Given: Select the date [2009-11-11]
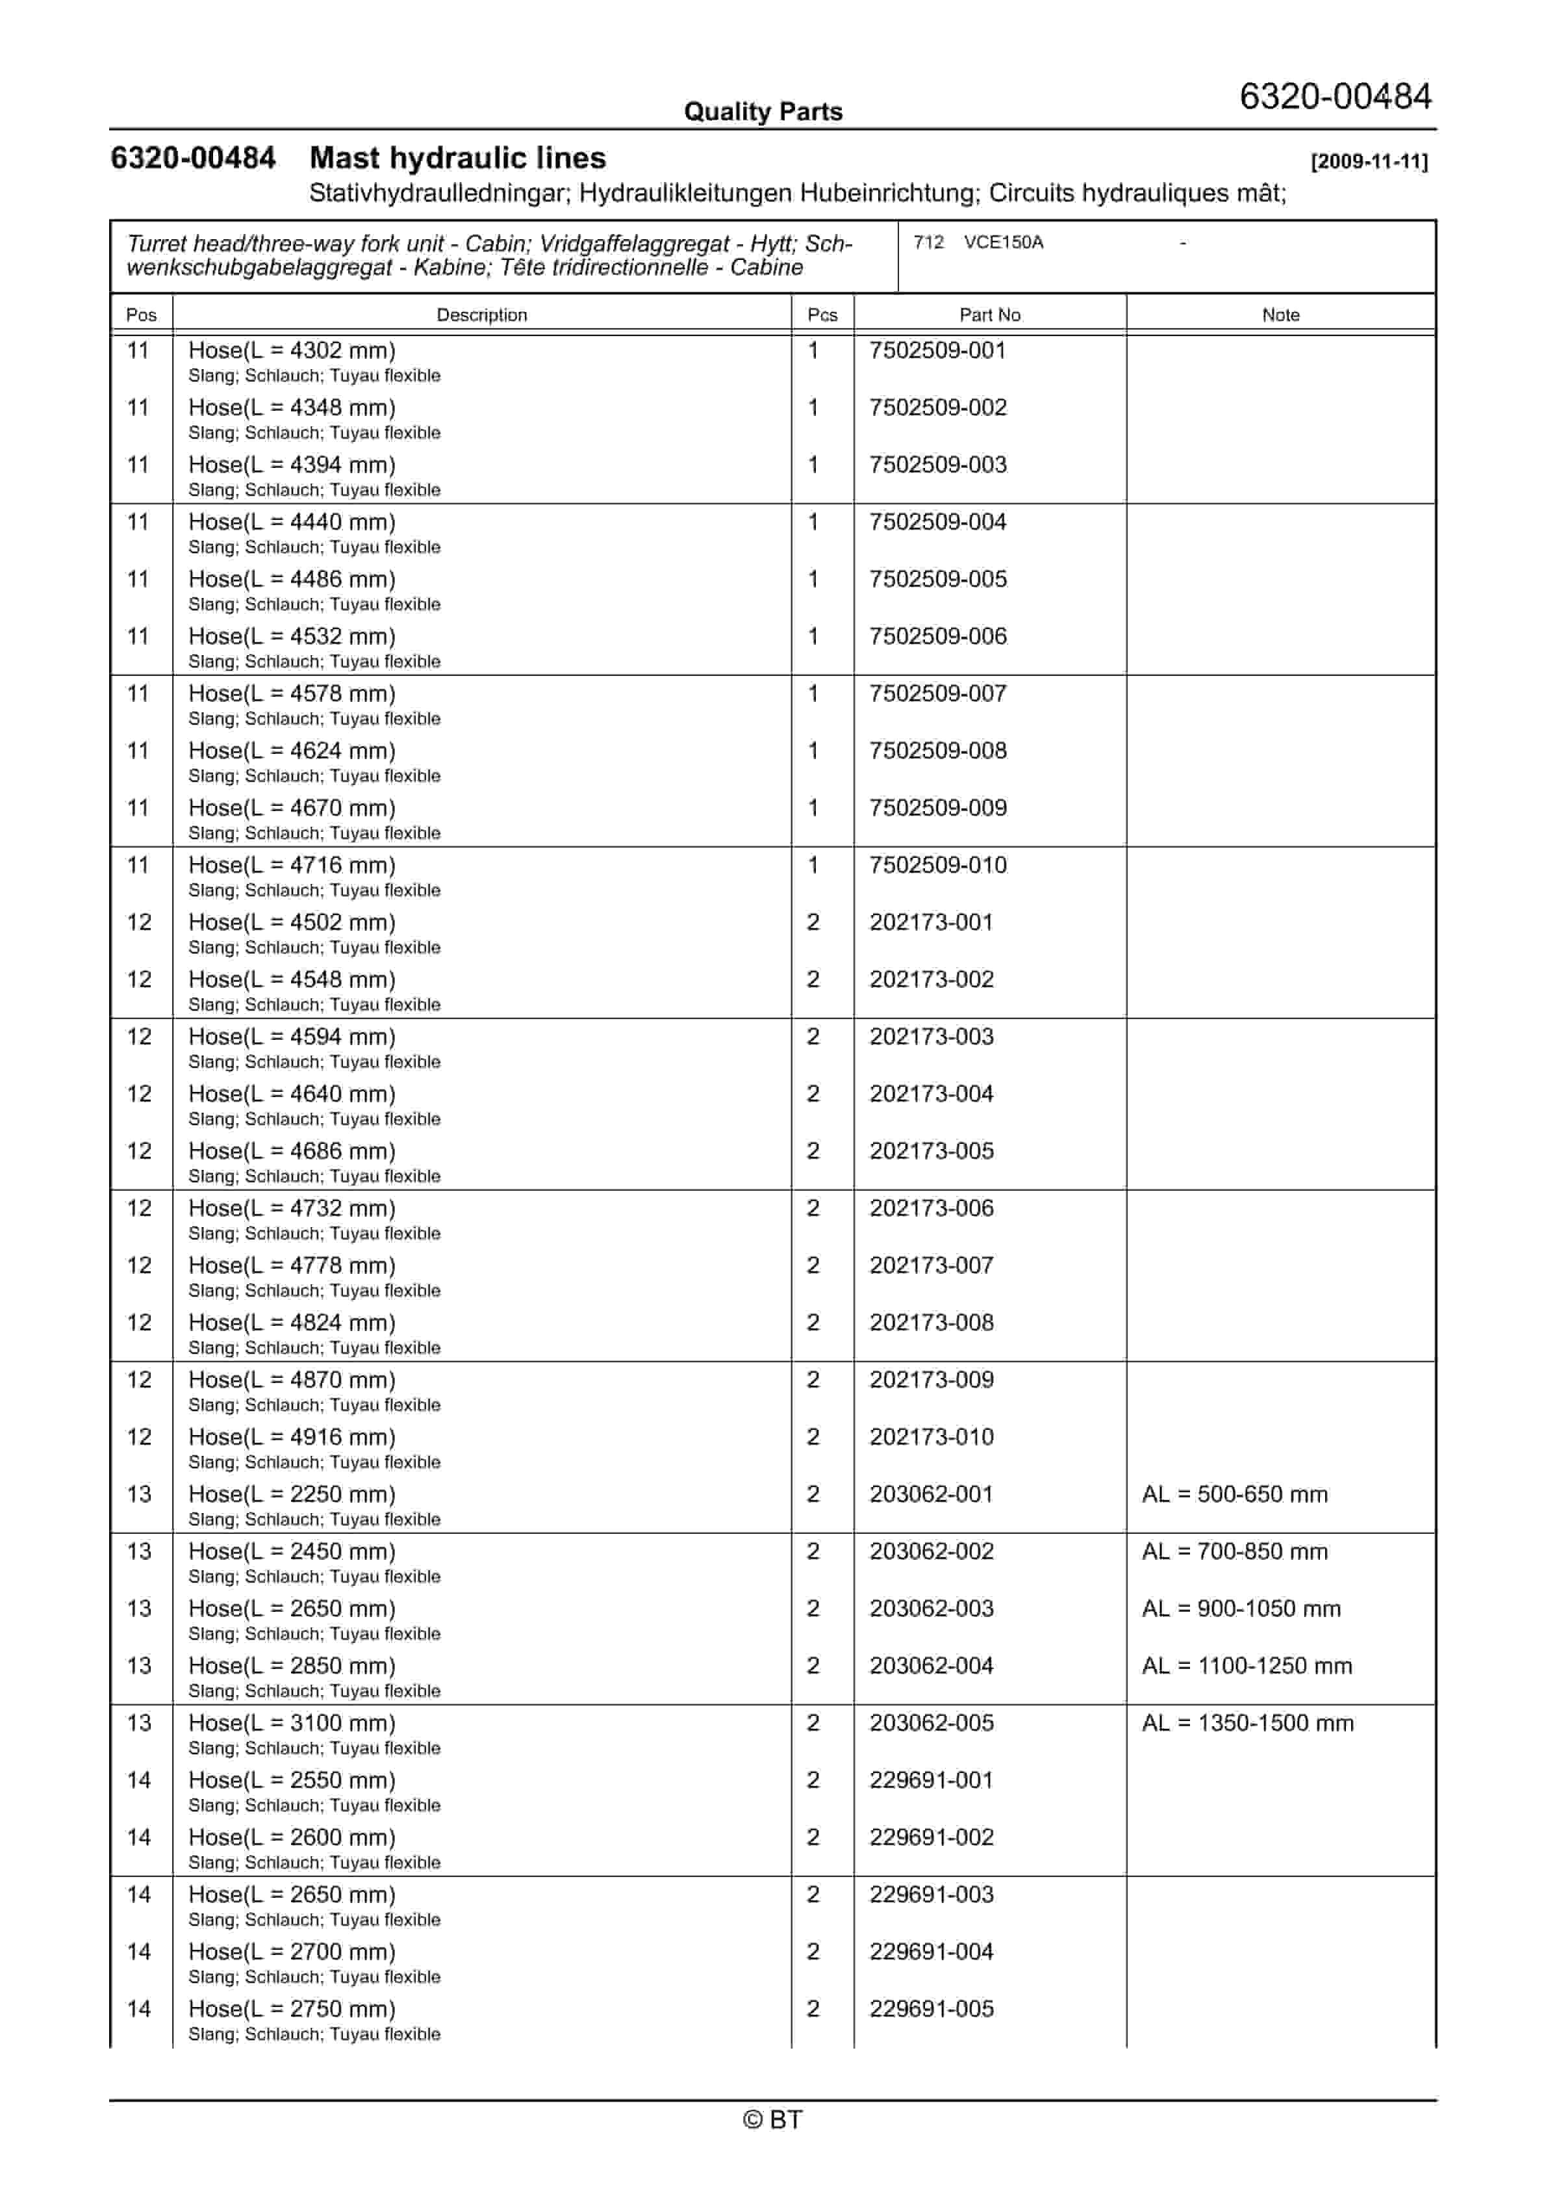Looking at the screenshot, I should [1369, 161].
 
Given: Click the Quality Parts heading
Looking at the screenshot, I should [763, 112].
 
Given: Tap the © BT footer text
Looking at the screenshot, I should [772, 2119].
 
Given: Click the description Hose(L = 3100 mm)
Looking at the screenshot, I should [292, 1723].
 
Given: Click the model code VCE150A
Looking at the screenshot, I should [1003, 242].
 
